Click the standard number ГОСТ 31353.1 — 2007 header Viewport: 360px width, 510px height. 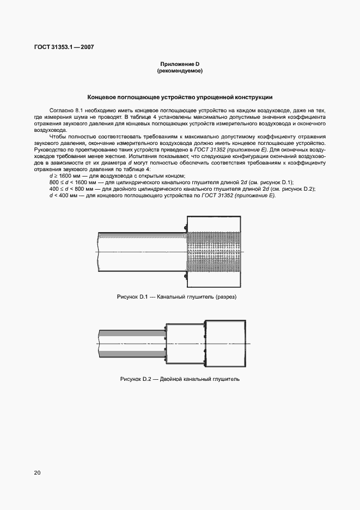57,47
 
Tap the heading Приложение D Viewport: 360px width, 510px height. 180,64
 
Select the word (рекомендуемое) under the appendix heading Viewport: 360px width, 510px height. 180,71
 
